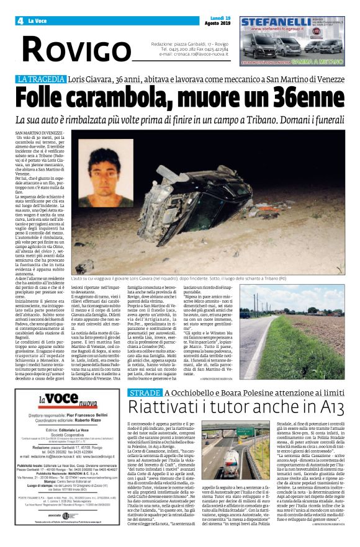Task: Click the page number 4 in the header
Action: coord(20,21)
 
